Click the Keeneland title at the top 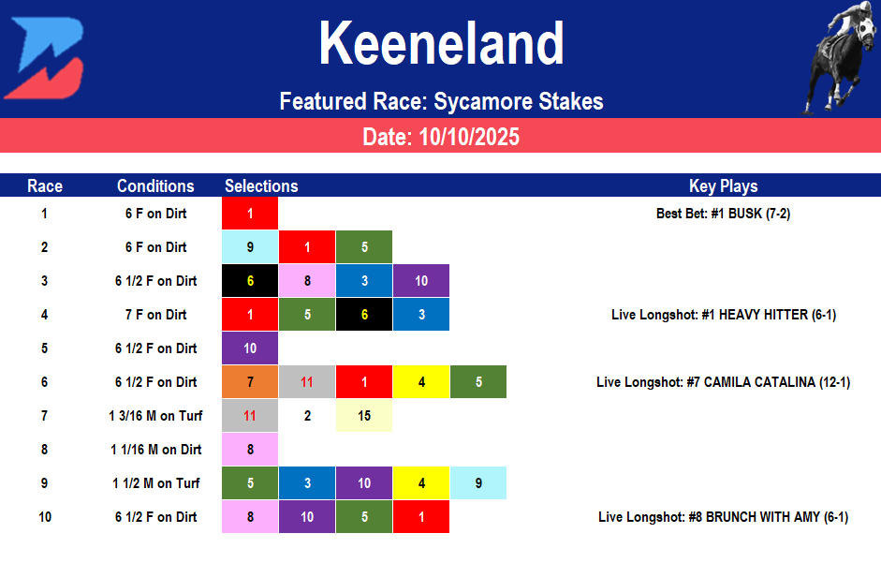click(x=441, y=44)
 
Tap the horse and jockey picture click(x=839, y=58)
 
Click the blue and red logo click(x=45, y=58)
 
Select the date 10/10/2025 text click(x=441, y=137)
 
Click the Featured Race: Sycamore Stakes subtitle click(x=441, y=101)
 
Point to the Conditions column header click(x=155, y=185)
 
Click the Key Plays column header click(x=723, y=185)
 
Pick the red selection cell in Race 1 click(x=250, y=214)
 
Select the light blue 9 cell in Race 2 click(x=250, y=247)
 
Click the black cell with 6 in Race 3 click(x=250, y=281)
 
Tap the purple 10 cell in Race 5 click(x=250, y=348)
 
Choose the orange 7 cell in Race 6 click(x=250, y=382)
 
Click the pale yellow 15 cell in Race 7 click(x=364, y=416)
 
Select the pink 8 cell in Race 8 click(x=250, y=450)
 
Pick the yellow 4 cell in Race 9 click(x=421, y=483)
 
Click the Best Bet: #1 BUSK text click(x=723, y=214)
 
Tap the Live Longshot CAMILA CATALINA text click(x=723, y=382)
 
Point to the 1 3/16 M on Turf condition click(x=155, y=416)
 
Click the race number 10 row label click(x=45, y=517)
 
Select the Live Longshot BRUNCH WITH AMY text click(x=723, y=517)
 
